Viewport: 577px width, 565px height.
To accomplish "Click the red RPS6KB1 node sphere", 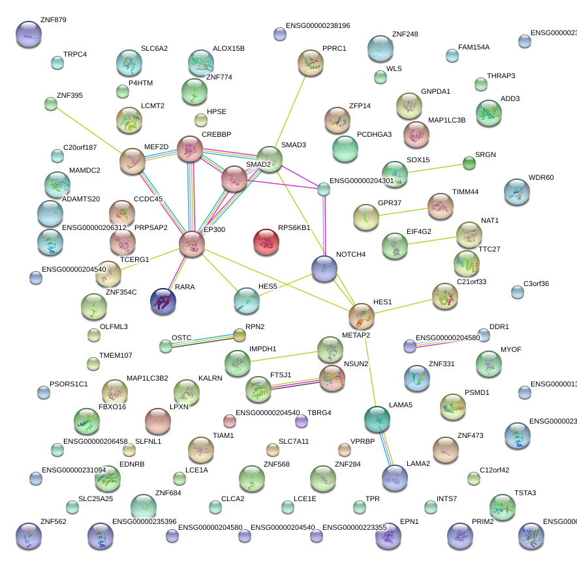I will coord(266,242).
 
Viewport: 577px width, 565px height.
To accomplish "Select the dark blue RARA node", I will coord(163,300).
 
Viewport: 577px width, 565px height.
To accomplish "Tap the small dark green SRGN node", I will coord(469,163).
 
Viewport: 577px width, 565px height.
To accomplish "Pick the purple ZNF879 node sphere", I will coord(28,34).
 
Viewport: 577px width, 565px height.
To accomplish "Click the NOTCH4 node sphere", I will coord(324,268).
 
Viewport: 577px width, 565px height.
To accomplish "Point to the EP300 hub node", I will coord(192,243).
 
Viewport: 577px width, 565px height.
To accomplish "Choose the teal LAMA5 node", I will coord(377,419).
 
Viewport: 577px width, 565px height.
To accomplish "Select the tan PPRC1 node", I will coord(311,63).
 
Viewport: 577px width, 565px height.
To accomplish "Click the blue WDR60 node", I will coord(517,192).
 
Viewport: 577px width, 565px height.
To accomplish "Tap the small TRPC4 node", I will coord(57,63).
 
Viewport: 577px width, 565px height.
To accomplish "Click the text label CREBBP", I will coord(217,134).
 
